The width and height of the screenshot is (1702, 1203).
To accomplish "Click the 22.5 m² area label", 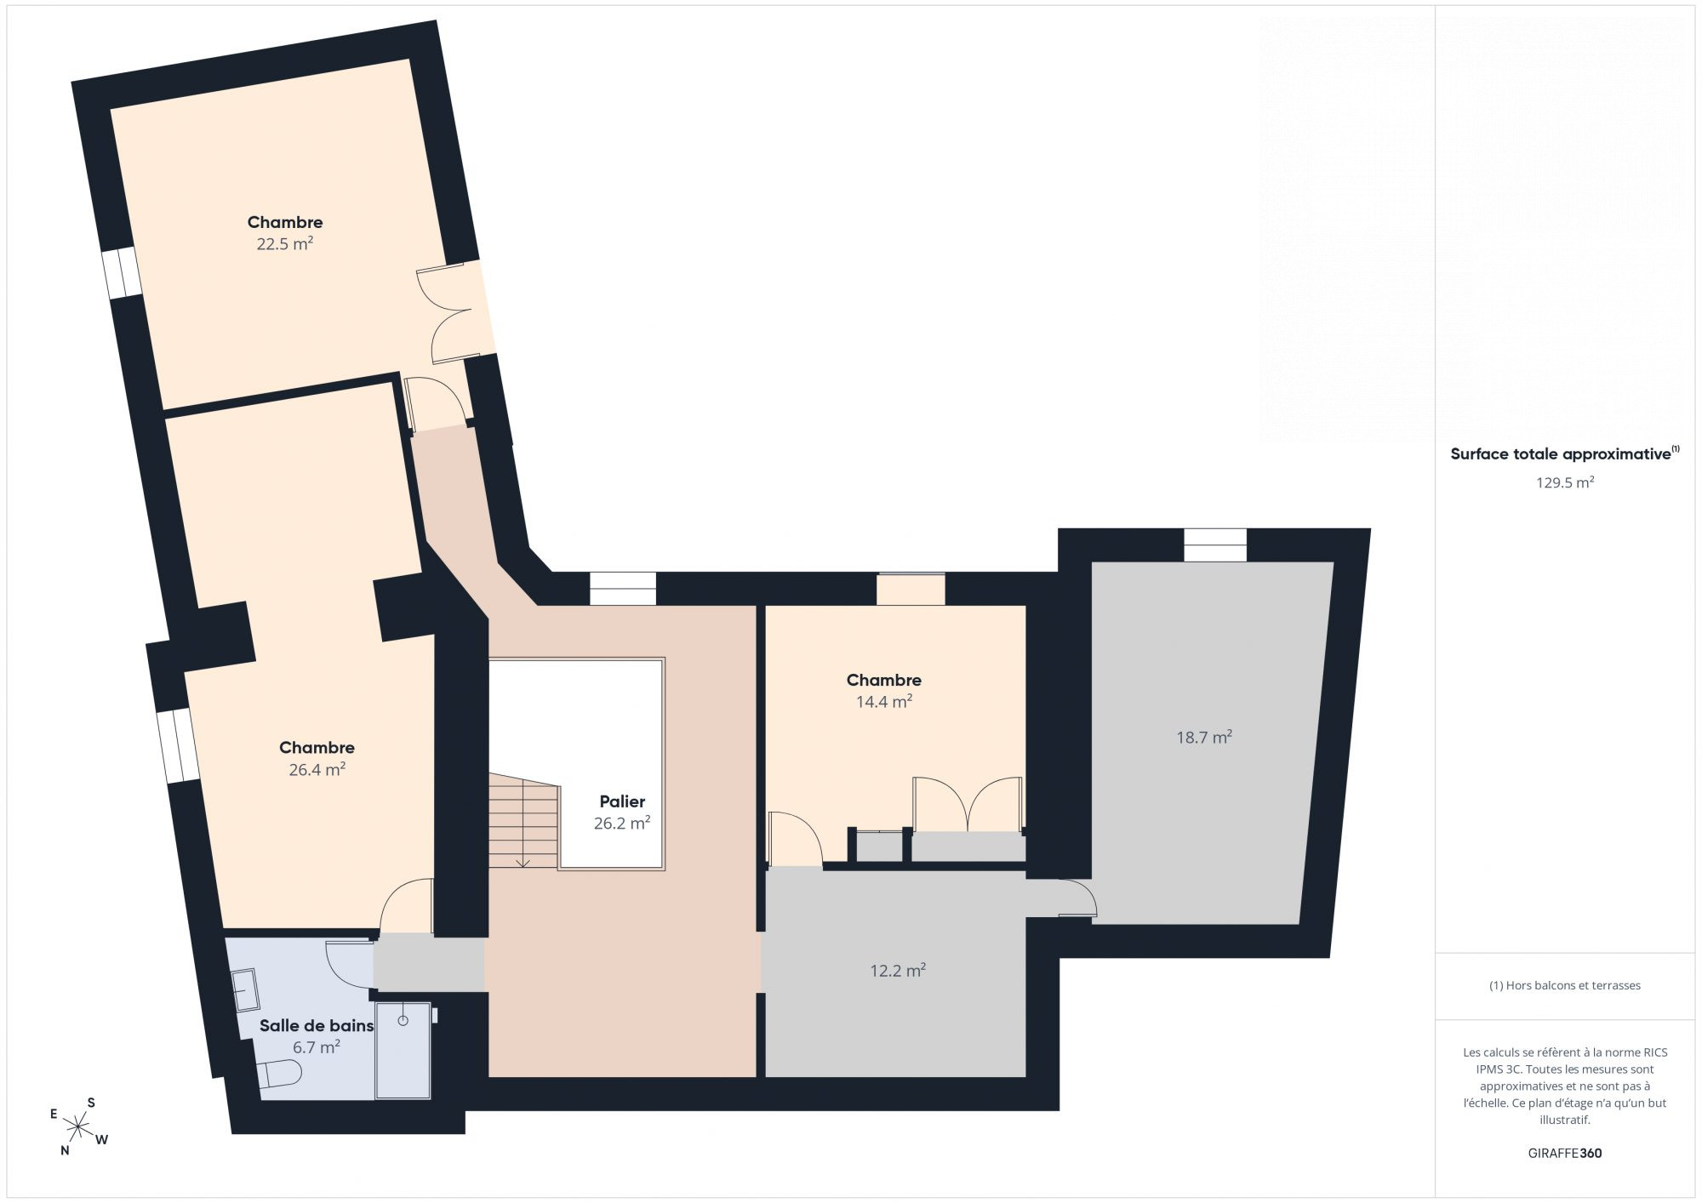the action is (285, 244).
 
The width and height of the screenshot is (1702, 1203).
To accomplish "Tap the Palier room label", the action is (622, 801).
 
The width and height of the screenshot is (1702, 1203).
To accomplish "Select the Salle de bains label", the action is (317, 1026).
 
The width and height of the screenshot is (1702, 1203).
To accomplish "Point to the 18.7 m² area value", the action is (1204, 738).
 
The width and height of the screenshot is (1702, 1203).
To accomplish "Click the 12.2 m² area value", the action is (898, 971).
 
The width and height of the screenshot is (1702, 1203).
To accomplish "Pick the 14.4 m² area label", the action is (884, 702).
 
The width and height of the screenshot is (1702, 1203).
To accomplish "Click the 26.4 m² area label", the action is (317, 770).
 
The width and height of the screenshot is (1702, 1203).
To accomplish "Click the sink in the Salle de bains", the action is (246, 991).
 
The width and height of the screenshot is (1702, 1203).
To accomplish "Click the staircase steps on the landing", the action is (523, 821).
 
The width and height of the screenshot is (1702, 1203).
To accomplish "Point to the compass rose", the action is (78, 1127).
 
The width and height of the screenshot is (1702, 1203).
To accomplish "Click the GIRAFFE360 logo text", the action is (1565, 1154).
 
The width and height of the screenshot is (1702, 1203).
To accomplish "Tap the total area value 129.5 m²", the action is (1565, 482).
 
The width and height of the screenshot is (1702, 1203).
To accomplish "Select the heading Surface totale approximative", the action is (1561, 454).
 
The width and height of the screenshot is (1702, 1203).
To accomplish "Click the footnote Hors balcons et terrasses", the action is (1565, 986).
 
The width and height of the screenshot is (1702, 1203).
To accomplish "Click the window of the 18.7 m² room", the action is (1215, 544).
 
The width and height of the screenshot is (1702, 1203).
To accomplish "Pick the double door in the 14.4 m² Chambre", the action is (968, 805).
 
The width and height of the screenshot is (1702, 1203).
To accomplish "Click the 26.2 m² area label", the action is (622, 824).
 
